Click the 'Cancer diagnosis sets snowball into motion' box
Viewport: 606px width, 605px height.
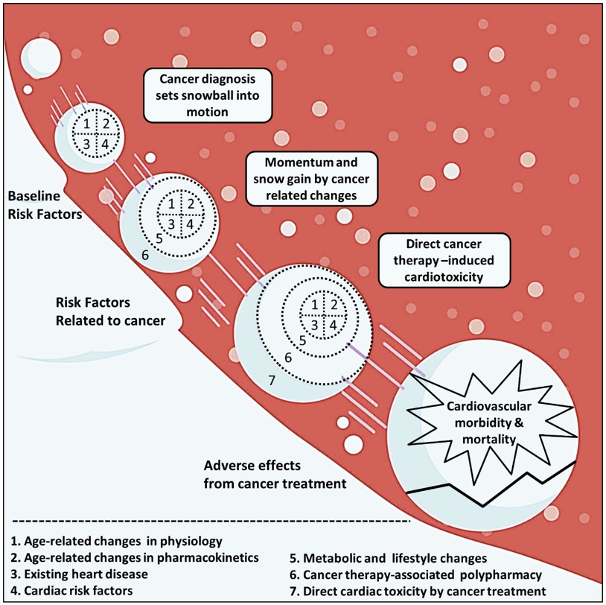(208, 95)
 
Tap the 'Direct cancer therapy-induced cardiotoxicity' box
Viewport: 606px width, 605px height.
(444, 261)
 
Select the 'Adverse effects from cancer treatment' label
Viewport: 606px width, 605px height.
(275, 474)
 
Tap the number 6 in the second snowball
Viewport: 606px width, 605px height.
(144, 255)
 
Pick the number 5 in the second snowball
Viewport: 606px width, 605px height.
(159, 239)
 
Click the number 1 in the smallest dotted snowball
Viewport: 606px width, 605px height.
(86, 124)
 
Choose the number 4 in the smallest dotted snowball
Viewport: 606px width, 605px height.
(105, 143)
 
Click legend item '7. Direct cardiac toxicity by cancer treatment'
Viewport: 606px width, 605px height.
(417, 592)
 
